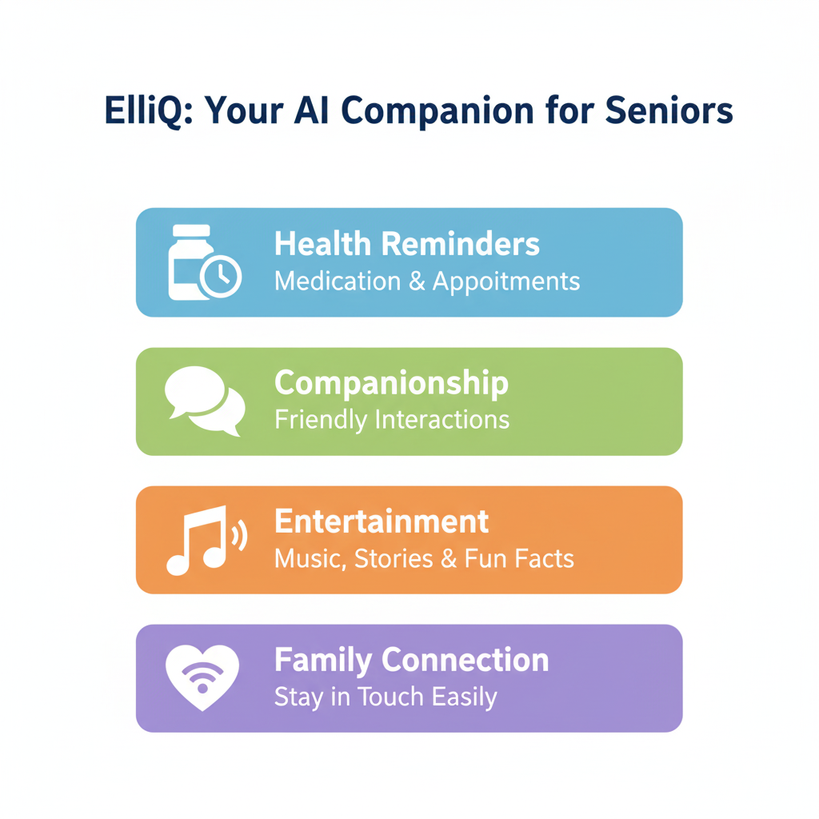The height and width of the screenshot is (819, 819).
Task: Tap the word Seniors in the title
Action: click(669, 110)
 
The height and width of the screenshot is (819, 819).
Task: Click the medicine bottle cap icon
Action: click(191, 230)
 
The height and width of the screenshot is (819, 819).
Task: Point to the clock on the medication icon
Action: click(221, 276)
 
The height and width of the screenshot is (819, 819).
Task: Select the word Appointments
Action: click(506, 282)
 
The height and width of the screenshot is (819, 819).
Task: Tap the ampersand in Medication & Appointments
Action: click(417, 281)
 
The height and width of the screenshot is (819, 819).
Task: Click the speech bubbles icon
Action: click(205, 401)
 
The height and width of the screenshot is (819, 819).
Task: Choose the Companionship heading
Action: click(392, 384)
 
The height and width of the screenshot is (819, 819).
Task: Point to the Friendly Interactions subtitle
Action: click(392, 420)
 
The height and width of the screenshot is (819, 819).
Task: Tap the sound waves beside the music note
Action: click(239, 536)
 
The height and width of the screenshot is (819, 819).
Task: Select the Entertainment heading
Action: click(382, 521)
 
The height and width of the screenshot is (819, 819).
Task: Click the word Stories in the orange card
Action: click(394, 558)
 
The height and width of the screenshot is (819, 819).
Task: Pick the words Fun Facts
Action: click(519, 558)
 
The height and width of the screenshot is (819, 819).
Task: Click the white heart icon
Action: click(202, 677)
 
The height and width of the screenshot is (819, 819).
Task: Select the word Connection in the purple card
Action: click(465, 660)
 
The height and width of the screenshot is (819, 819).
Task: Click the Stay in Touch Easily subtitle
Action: click(386, 697)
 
